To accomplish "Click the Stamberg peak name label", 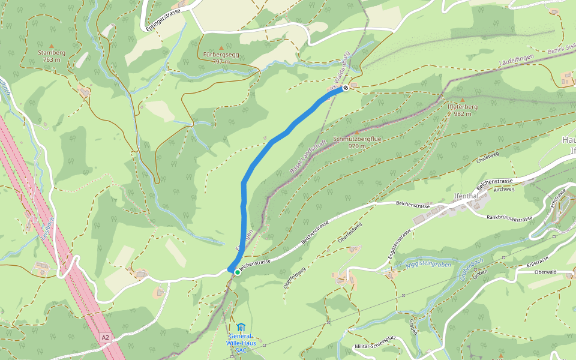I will (51, 52).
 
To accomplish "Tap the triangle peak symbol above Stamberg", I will (51, 45).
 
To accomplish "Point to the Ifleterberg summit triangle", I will (462, 100).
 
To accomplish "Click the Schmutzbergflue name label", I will (357, 139).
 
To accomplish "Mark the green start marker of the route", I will (238, 272).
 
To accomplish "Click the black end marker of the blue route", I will (345, 88).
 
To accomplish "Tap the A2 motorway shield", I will (106, 338).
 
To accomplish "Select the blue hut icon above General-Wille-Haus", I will (241, 327).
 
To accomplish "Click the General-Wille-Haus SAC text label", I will (241, 343).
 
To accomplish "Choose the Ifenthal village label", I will (466, 196).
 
